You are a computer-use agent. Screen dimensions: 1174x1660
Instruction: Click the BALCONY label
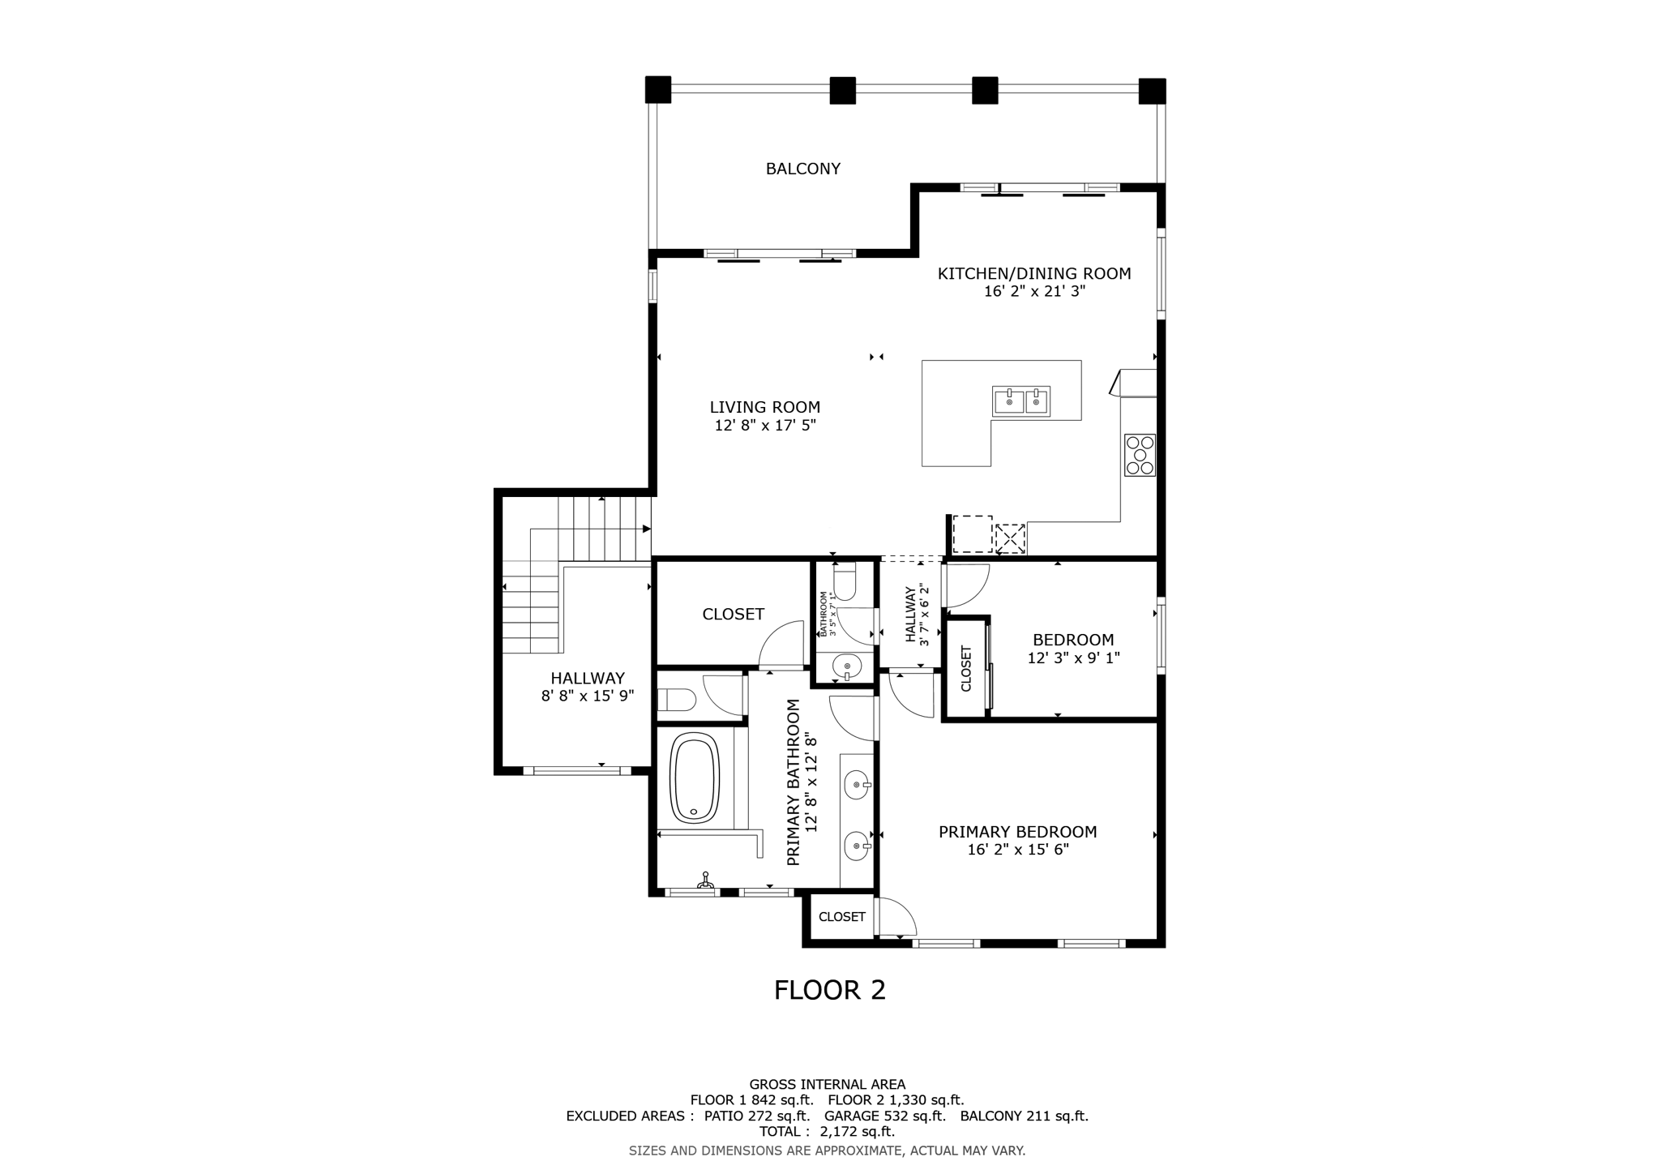coord(802,169)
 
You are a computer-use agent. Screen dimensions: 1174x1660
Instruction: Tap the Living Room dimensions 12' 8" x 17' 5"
coord(764,426)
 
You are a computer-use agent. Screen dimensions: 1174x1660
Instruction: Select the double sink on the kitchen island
coord(1021,401)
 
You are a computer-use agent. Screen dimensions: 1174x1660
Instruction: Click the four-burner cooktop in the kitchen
coord(1140,455)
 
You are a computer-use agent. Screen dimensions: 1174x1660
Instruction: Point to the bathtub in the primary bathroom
coord(695,778)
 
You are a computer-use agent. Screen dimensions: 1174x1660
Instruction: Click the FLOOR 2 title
coord(829,990)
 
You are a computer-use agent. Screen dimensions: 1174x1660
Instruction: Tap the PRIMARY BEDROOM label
coord(1017,832)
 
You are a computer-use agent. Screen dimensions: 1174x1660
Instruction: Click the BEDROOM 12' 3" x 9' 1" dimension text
coord(1073,658)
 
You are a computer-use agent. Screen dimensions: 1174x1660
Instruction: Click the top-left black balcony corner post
coord(658,89)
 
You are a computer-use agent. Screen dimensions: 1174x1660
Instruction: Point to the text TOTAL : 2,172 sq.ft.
coord(827,1131)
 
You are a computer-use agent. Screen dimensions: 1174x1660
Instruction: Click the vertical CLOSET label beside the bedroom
coord(966,668)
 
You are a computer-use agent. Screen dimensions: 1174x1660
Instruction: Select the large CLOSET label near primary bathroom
coord(733,615)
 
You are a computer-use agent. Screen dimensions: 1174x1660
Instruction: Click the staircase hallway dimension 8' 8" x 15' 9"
coord(587,696)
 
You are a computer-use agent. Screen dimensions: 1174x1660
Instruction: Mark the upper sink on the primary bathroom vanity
coord(858,785)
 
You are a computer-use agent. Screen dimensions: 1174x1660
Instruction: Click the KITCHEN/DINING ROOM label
coord(1033,274)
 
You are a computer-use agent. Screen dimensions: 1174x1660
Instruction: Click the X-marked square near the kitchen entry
coord(1010,538)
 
